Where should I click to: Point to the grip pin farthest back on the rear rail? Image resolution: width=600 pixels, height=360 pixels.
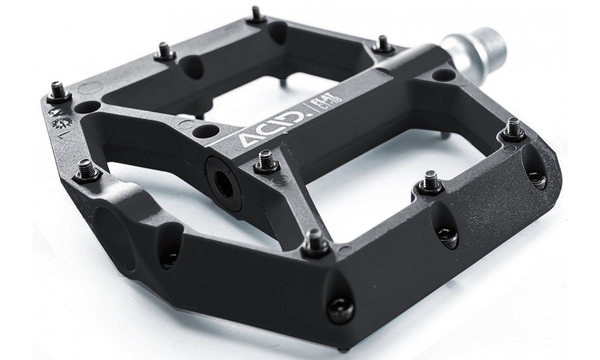pyautogui.click(x=256, y=14)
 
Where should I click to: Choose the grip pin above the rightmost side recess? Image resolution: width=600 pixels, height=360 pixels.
pyautogui.click(x=514, y=129)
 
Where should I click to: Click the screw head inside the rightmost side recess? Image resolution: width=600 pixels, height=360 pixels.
pyautogui.click(x=536, y=177)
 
